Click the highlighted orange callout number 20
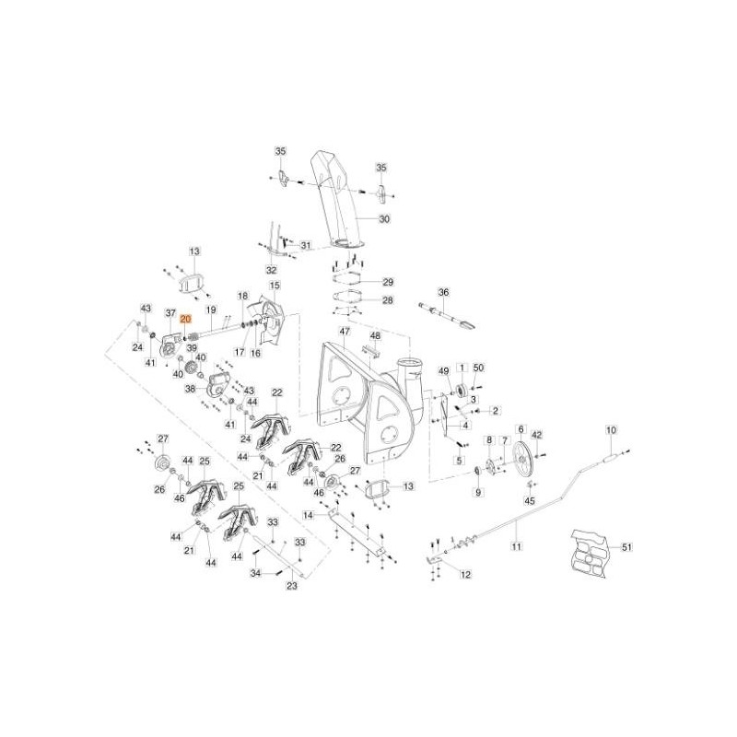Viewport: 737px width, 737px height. click(x=185, y=318)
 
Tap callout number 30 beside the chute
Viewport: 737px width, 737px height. click(x=385, y=219)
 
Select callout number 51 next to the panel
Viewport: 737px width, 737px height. click(x=627, y=547)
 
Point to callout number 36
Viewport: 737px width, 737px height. click(x=443, y=293)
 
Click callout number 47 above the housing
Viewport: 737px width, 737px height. click(x=345, y=332)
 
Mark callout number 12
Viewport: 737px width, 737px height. click(x=465, y=574)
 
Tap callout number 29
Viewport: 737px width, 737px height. click(x=388, y=281)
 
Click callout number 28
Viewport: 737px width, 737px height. click(x=388, y=300)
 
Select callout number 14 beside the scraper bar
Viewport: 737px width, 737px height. click(x=309, y=516)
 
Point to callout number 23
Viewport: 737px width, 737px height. click(x=292, y=585)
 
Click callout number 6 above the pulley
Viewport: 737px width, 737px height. click(x=521, y=429)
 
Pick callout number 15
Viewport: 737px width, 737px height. click(x=275, y=287)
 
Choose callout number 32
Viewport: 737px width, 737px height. click(x=271, y=270)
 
